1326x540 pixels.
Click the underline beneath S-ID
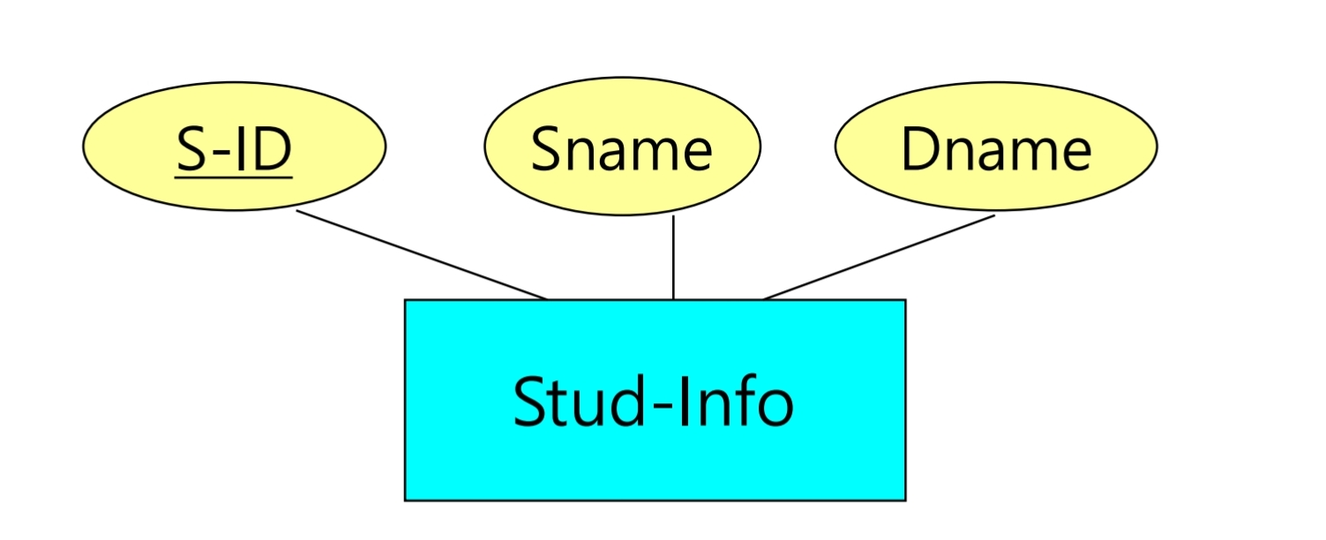[x=234, y=177]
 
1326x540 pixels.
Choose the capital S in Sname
[x=548, y=149]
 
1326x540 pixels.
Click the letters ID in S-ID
[x=266, y=149]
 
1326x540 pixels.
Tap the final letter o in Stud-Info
[x=773, y=408]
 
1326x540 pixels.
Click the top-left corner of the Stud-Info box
[x=406, y=301]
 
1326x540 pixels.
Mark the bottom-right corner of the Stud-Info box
[x=904, y=499]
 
